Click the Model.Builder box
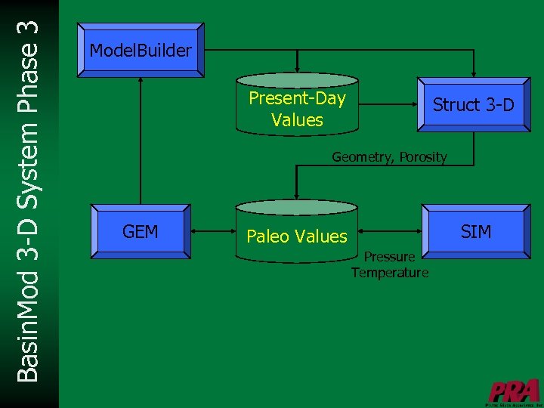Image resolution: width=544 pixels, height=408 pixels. (141, 51)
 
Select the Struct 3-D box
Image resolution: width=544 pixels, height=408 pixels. (473, 105)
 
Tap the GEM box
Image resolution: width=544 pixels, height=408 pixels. (141, 231)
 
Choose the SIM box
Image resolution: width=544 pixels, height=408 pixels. (475, 231)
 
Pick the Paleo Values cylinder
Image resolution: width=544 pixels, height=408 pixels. (297, 235)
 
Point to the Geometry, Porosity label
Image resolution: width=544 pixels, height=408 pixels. (389, 157)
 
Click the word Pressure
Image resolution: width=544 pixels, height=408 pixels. (389, 257)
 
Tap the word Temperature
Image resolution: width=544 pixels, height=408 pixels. (389, 273)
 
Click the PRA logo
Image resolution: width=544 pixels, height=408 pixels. (514, 391)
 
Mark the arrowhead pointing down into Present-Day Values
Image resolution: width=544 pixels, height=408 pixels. (298, 66)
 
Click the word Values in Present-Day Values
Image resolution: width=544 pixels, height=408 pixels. (297, 120)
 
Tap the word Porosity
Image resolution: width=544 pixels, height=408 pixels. (423, 157)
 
